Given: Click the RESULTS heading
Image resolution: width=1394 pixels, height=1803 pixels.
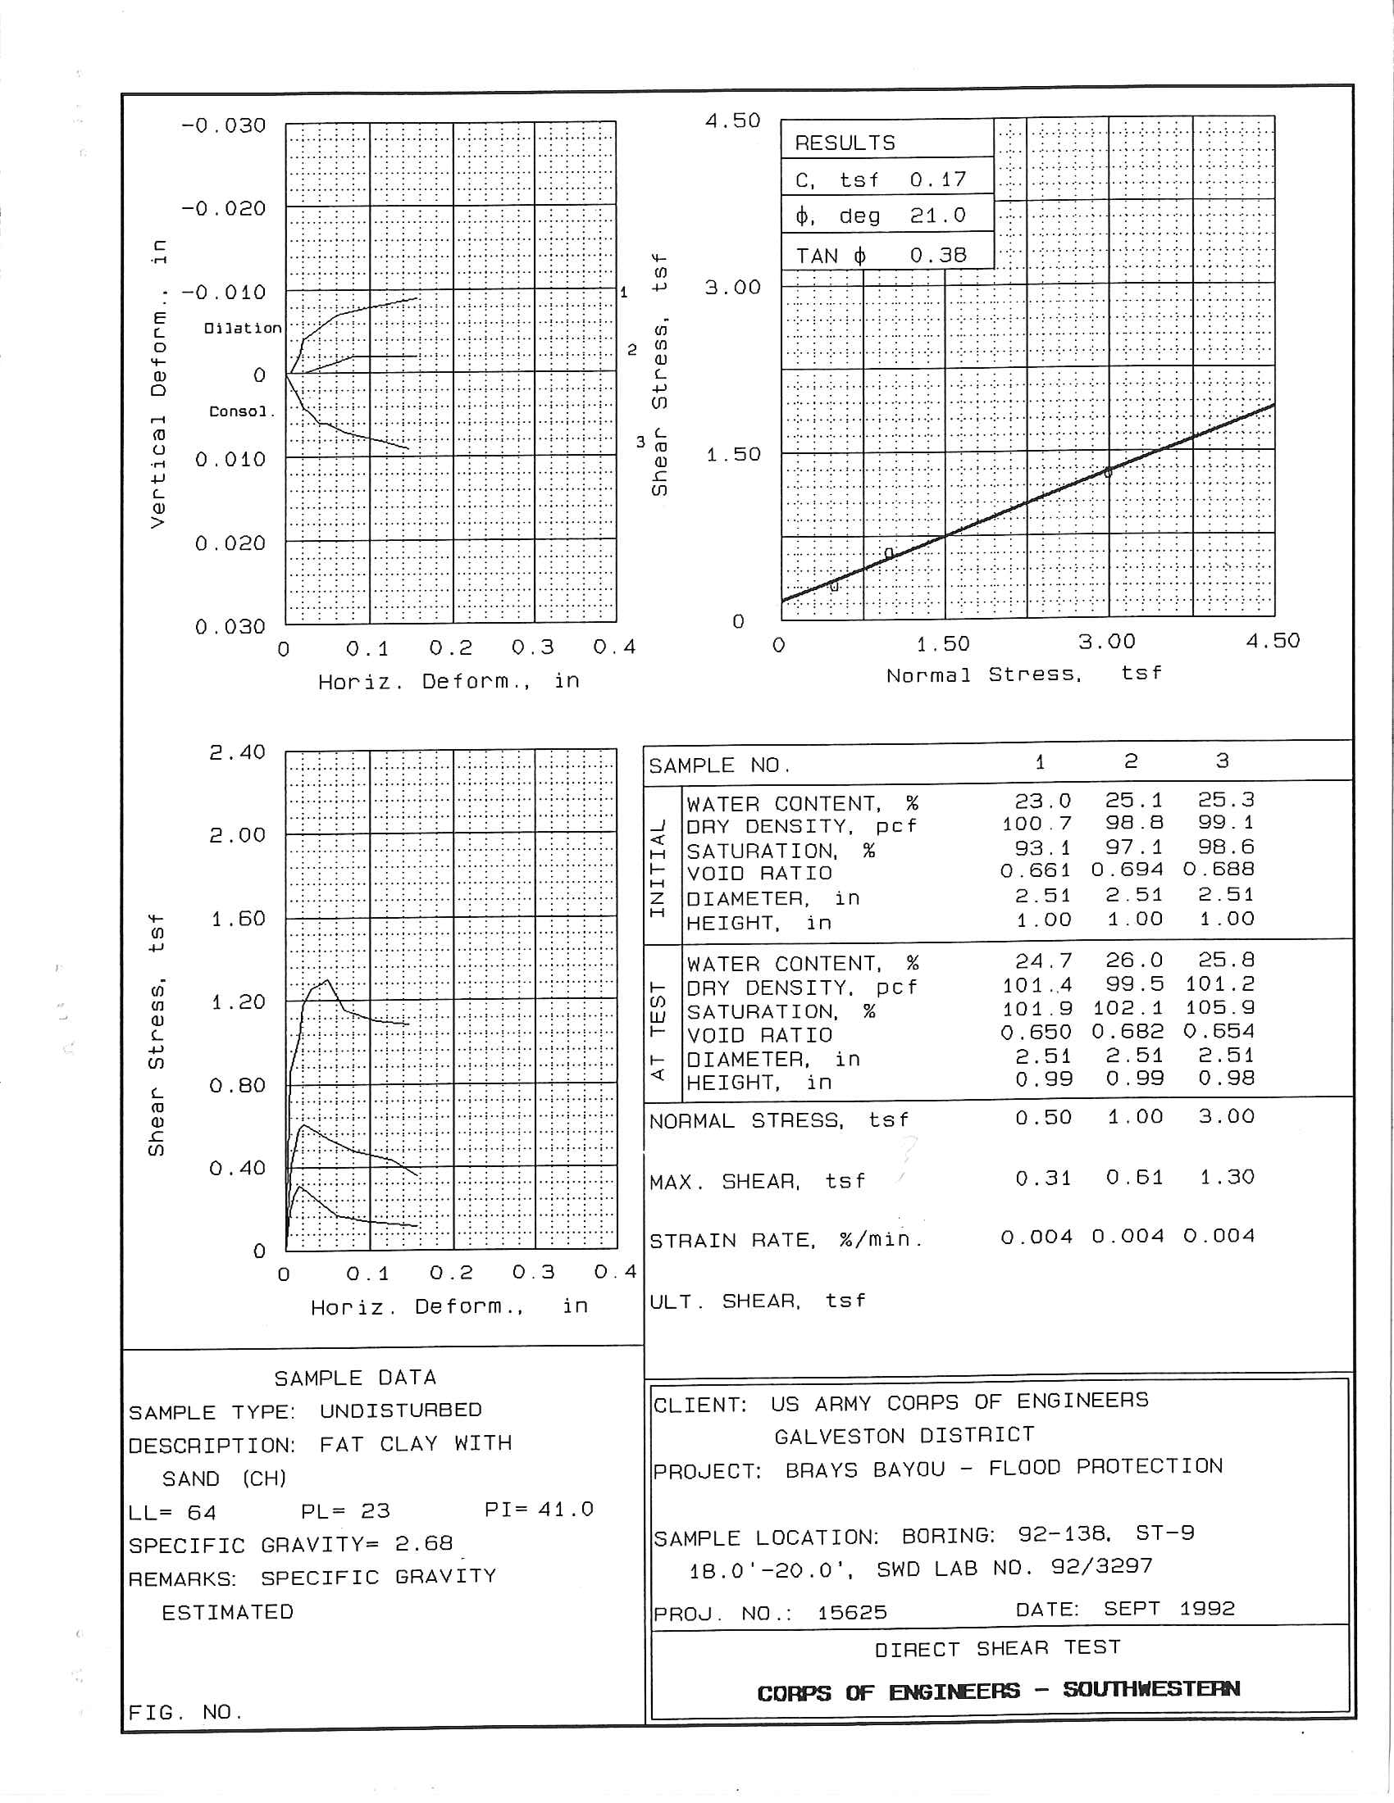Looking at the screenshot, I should [844, 143].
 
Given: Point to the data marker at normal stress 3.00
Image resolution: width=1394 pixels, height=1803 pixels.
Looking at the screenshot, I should [1109, 472].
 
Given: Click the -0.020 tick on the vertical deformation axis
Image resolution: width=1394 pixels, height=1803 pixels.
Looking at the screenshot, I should [224, 208].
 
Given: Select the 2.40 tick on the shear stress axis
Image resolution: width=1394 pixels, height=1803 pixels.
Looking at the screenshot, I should [237, 752].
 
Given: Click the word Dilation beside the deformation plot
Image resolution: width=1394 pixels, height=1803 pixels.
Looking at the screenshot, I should [243, 328].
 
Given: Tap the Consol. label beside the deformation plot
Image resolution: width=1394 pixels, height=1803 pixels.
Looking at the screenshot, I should [241, 411].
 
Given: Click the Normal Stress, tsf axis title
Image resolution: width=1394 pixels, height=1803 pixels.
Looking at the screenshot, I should [1024, 674].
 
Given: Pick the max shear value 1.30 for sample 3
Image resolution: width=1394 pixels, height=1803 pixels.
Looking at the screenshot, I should [1227, 1176].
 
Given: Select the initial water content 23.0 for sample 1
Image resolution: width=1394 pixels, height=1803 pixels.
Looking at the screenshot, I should [1043, 801].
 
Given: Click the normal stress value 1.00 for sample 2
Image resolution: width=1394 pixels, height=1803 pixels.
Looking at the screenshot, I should [1135, 1117].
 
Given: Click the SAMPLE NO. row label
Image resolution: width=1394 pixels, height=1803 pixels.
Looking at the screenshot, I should [719, 765].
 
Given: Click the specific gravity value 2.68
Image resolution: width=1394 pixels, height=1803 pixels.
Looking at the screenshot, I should [424, 1543].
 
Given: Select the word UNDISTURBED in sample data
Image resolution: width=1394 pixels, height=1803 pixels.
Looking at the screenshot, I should [400, 1410].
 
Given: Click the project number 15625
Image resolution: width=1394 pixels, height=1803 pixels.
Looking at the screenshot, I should [851, 1612].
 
